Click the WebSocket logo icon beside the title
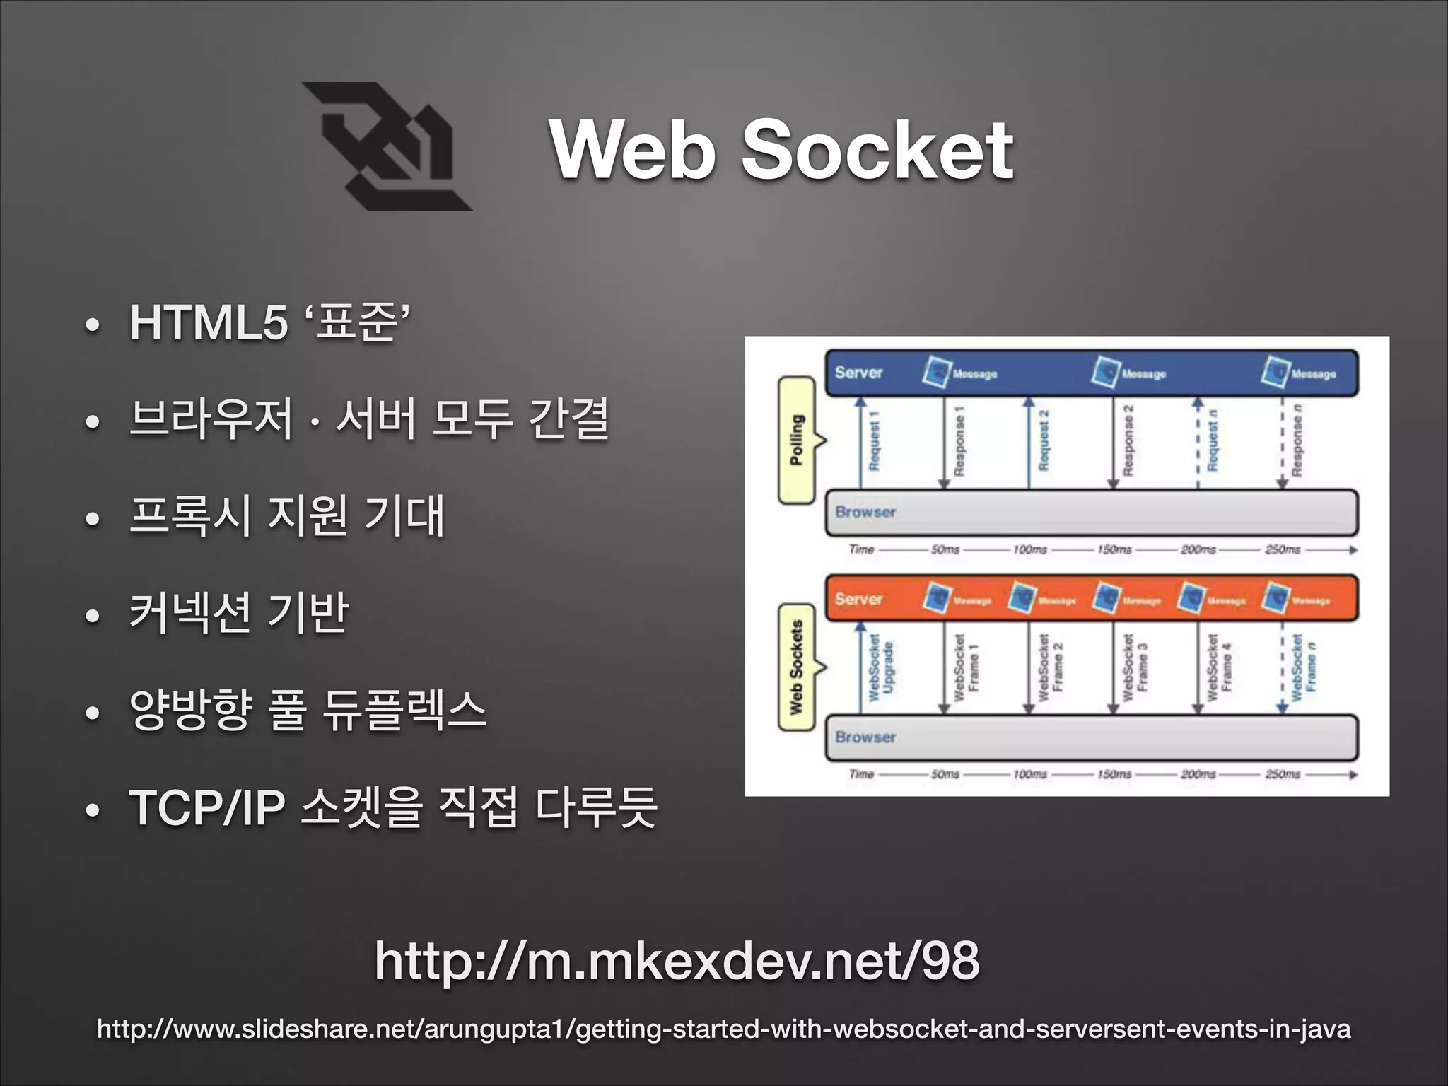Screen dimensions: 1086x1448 387,146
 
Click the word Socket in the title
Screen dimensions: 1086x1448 876,150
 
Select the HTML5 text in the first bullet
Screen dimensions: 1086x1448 209,322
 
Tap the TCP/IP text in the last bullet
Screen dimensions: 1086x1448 207,807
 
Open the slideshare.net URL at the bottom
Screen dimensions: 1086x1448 723,1029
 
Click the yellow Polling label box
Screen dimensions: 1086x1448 797,440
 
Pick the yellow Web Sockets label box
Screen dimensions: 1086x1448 797,667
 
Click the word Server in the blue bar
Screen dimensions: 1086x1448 858,373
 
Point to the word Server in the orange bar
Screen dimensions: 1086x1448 858,599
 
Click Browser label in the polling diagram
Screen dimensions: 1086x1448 865,512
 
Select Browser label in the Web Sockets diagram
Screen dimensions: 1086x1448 865,737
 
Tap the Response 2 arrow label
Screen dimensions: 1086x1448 1128,440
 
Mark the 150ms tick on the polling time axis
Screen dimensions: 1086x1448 1114,549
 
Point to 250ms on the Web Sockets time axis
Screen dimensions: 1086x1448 1283,774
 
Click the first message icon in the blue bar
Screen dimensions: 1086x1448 937,372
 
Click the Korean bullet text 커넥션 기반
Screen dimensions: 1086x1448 239,613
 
